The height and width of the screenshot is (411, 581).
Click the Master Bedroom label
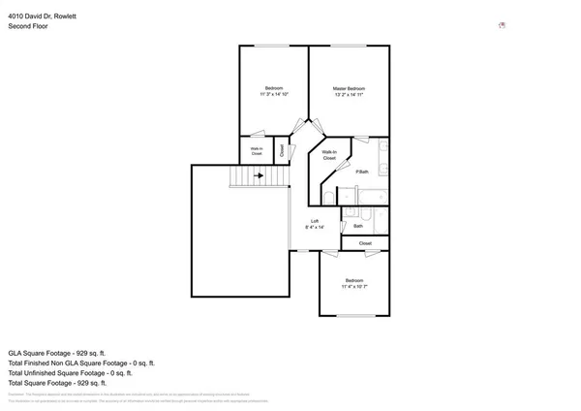pos(349,88)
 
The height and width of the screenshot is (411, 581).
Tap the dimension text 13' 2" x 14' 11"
pos(349,95)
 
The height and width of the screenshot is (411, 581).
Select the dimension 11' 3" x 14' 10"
pos(274,95)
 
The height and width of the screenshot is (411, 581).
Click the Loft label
pos(314,221)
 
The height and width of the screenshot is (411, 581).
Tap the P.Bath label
pos(362,173)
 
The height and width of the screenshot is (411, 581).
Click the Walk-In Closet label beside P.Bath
pos(329,154)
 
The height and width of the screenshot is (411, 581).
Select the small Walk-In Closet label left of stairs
pos(257,151)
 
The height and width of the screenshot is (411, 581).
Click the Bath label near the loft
pos(357,226)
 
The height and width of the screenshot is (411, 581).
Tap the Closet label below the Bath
pos(365,243)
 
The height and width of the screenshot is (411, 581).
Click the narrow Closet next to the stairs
pos(283,150)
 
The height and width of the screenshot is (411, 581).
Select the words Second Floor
pos(28,27)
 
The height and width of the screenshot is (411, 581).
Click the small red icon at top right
pos(502,25)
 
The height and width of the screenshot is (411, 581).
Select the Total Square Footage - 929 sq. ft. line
pos(64,382)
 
